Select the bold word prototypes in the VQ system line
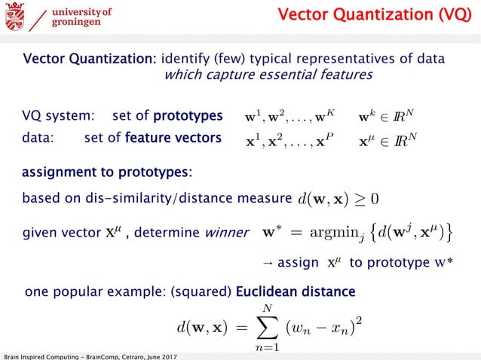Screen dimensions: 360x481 188,117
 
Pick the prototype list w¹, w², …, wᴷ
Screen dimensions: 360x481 290,117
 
